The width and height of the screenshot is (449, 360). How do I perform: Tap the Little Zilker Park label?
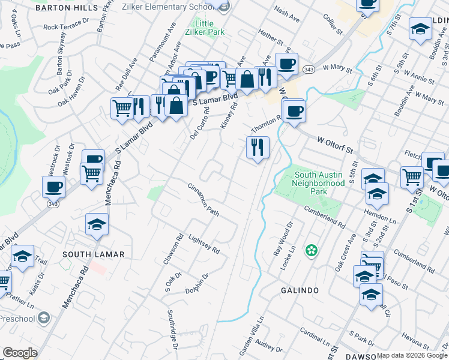204,27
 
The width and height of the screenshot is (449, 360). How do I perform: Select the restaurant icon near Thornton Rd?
258,147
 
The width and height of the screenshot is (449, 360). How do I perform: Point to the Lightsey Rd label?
205,242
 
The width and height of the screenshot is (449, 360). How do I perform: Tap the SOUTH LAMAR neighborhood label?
94,254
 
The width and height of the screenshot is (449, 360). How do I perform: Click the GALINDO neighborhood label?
300,290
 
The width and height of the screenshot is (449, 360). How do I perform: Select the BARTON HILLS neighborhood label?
66,8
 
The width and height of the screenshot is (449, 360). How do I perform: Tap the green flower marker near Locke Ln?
311,250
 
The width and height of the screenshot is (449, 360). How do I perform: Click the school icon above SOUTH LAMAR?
97,224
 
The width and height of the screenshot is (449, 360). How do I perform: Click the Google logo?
20,353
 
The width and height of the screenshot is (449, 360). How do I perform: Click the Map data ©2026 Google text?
412,355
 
